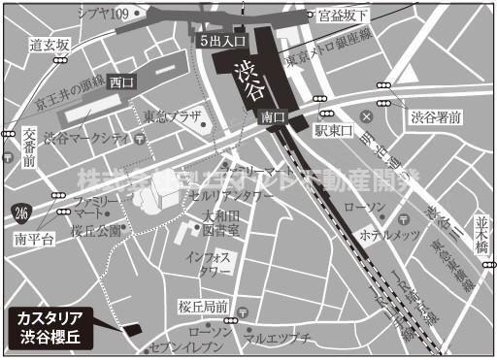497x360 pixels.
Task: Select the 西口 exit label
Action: [x=121, y=82]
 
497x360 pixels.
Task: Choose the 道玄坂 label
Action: [x=50, y=46]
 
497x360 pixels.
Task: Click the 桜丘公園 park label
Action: [x=95, y=230]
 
